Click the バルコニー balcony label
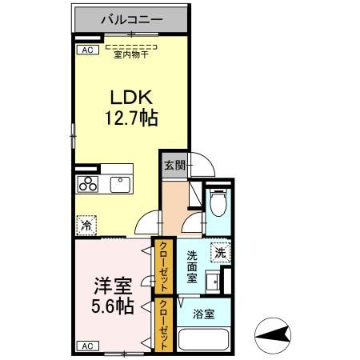tap(132, 18)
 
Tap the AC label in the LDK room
tap(84, 50)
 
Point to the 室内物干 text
tap(132, 54)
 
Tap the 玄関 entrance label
tap(174, 165)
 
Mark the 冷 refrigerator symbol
tap(86, 225)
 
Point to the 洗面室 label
tap(192, 266)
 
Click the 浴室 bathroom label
tap(203, 314)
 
